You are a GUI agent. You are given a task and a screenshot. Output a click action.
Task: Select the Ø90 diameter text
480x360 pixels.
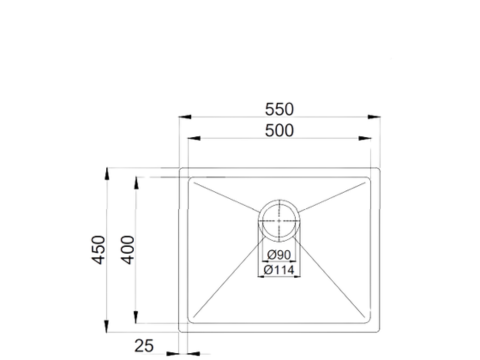tap(280, 254)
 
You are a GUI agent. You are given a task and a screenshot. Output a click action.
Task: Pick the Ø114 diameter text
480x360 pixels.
tap(281, 269)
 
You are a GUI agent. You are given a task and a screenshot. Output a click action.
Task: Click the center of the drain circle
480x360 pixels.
tap(281, 219)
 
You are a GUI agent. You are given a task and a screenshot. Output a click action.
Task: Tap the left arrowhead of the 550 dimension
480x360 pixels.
tap(183, 119)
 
